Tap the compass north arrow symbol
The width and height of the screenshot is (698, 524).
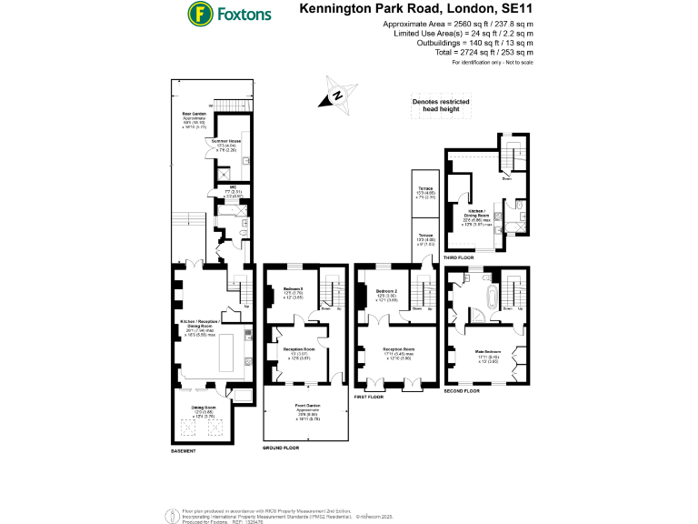337,96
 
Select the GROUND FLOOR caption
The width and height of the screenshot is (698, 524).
281,448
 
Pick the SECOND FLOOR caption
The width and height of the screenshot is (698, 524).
463,390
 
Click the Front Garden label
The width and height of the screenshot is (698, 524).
306,408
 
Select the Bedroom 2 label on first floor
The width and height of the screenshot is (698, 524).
388,292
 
